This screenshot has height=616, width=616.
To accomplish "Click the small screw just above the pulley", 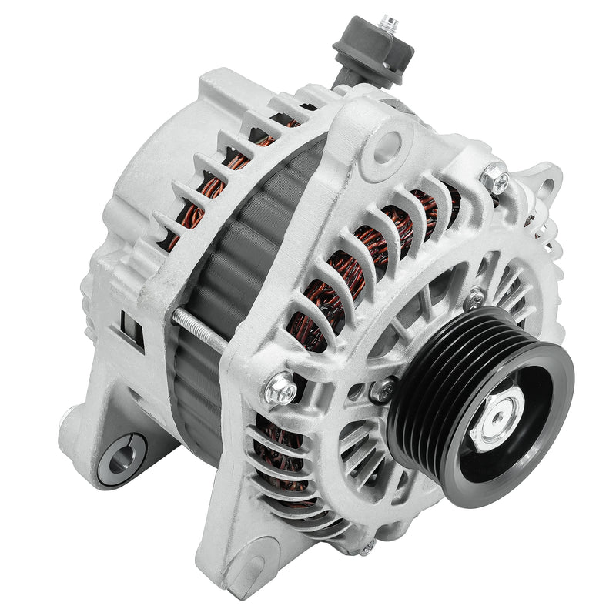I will click(476, 297).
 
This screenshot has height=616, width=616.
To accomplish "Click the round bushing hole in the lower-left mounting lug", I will click(122, 455).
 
